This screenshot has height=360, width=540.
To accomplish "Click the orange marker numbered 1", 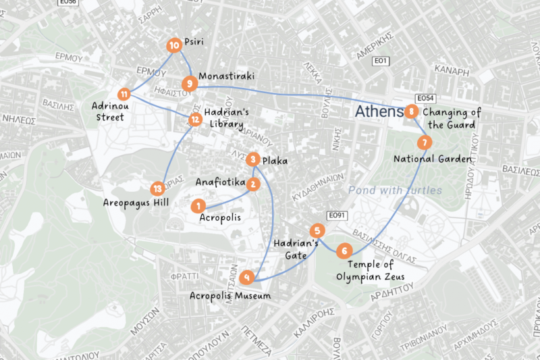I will tap(198, 205).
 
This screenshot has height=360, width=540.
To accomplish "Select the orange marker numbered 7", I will tap(423, 143).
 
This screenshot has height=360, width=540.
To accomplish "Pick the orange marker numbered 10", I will tap(173, 45).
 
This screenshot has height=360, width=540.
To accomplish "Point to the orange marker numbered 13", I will tap(157, 189).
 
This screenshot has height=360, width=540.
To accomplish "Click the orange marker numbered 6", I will tap(344, 251).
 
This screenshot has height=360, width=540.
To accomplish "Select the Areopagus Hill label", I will tap(136, 203).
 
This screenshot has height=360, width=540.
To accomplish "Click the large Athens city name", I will tap(379, 111).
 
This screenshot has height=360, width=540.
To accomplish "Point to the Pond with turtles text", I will tap(395, 190).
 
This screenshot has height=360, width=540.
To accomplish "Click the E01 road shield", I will tap(381, 61).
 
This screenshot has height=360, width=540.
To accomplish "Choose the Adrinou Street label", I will tap(109, 111).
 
